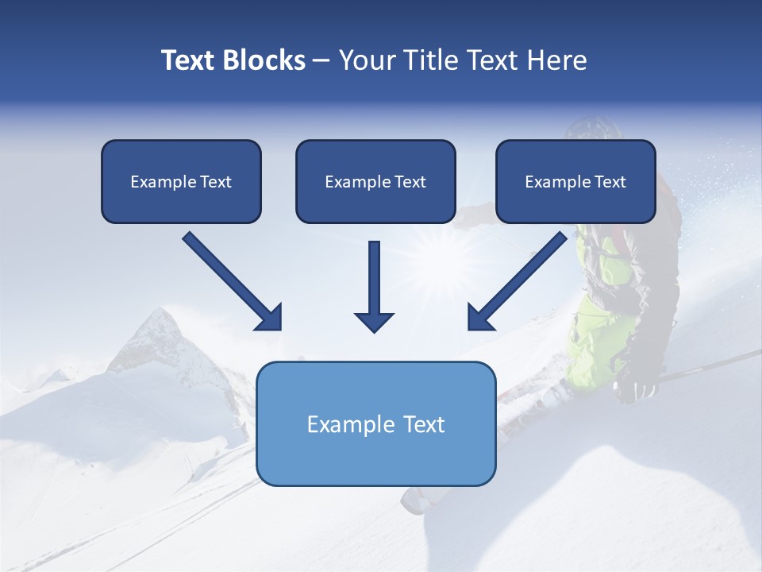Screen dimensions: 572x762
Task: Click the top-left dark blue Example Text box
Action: point(181,181)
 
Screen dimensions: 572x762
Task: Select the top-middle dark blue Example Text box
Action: point(375,181)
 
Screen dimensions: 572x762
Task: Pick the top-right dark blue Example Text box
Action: point(575,181)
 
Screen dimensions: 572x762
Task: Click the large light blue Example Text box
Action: point(375,423)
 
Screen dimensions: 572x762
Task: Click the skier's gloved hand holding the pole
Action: point(635,388)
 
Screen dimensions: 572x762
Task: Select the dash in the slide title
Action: point(321,60)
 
